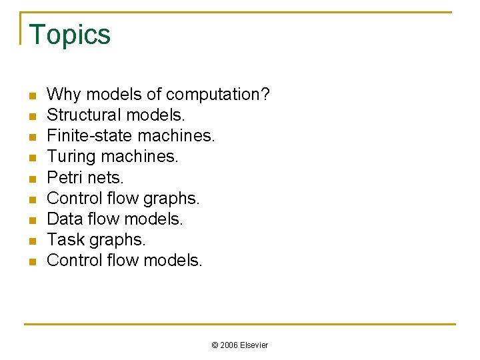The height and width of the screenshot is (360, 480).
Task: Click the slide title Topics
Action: pos(70,35)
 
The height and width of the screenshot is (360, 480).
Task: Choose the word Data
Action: pos(65,219)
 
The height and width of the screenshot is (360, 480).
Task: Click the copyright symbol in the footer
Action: pos(215,345)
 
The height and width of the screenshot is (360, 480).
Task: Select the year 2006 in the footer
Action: pos(229,345)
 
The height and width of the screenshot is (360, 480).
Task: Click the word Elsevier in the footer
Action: pos(254,345)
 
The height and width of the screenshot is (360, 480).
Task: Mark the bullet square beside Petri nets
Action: pos(31,179)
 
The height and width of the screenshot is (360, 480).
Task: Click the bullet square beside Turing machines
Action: pos(31,158)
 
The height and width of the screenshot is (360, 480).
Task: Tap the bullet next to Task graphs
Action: pos(31,241)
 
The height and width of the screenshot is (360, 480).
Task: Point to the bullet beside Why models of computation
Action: pos(31,96)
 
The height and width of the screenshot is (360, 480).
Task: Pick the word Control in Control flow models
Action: pos(75,260)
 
